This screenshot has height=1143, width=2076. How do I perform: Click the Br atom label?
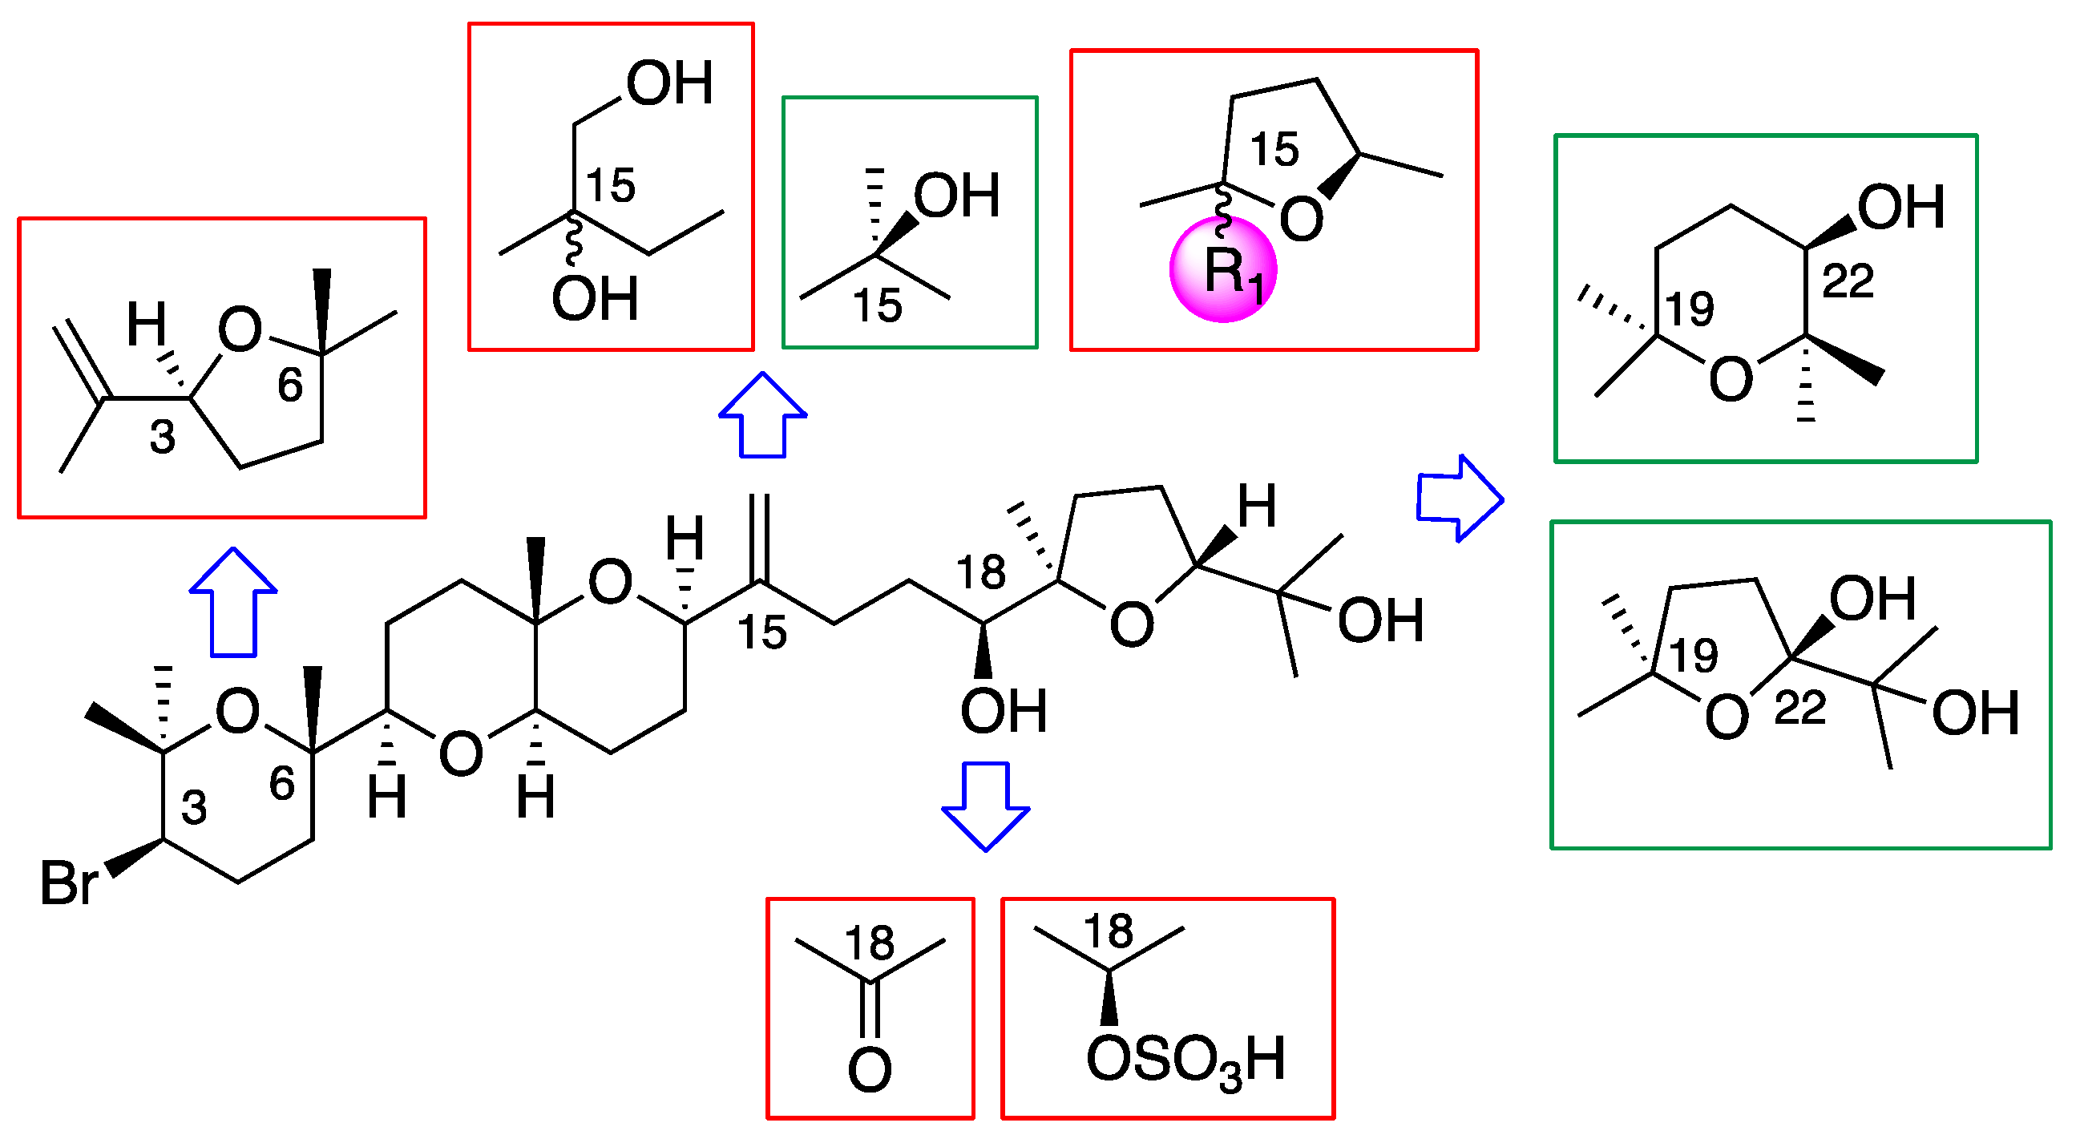click(69, 883)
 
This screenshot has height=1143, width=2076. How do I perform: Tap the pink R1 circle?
click(1223, 269)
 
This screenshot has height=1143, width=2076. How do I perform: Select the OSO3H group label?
click(1185, 1060)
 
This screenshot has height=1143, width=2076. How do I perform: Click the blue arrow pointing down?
click(986, 806)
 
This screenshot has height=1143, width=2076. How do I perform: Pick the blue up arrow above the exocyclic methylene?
click(762, 415)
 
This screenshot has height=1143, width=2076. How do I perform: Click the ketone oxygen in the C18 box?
click(870, 1069)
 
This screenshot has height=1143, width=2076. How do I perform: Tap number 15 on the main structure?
click(762, 632)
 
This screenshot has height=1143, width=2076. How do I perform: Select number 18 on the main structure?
click(981, 573)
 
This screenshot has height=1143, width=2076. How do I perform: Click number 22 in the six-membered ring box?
click(1848, 282)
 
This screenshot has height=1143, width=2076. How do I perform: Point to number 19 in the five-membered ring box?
click(1693, 656)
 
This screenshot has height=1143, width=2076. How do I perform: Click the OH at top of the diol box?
click(670, 84)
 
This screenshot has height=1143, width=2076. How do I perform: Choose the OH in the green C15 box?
click(956, 196)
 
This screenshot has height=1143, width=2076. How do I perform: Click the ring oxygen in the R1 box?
click(1301, 220)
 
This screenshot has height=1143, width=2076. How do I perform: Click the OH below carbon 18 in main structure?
click(1004, 711)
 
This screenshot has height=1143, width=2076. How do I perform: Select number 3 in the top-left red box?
click(163, 438)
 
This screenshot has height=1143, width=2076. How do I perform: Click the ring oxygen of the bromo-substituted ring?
click(238, 712)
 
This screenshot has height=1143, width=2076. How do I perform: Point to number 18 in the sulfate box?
click(1108, 932)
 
